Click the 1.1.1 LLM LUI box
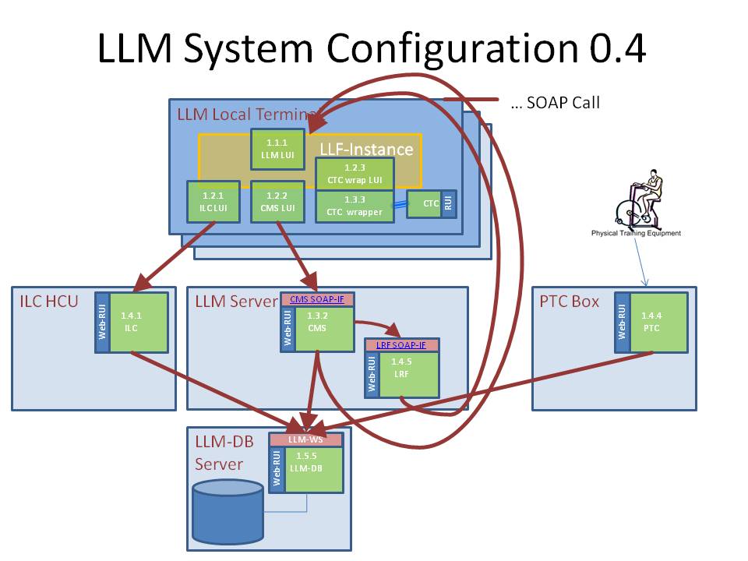click(277, 149)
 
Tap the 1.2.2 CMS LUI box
click(277, 202)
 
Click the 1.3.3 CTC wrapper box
click(355, 206)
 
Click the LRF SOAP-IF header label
click(402, 345)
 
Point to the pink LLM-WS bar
click(306, 439)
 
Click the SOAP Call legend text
click(555, 103)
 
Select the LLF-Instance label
click(365, 149)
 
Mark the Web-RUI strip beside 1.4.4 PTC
click(622, 322)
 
